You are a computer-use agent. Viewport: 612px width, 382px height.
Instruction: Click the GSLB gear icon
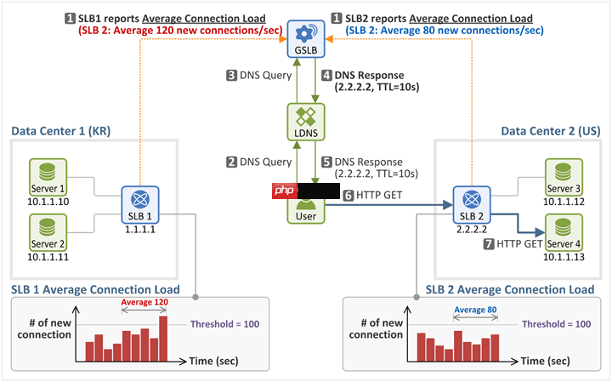coord(304,32)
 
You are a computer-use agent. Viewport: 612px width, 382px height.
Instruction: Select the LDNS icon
coord(304,117)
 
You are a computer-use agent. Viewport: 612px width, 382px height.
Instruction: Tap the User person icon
coord(304,202)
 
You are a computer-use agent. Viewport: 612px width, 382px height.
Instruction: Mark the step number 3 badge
coord(231,76)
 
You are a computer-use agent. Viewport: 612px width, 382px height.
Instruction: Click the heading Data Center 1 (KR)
coord(61,131)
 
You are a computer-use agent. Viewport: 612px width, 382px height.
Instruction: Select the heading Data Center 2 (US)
coord(549,131)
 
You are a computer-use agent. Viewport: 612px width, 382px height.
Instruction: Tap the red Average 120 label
coord(143,302)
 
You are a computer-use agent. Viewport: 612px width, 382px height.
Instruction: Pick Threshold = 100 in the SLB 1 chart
coord(224,324)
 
